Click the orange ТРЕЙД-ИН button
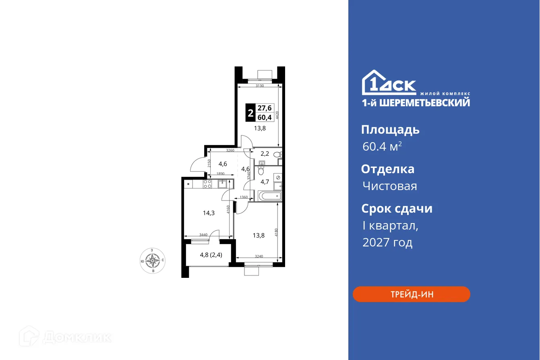click(411, 294)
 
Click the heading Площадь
click(390, 130)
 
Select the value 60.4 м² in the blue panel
click(382, 147)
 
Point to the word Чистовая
click(389, 186)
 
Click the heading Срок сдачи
click(397, 209)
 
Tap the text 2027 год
click(387, 242)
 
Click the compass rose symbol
click(153, 261)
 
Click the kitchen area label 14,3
click(208, 213)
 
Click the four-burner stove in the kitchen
click(207, 184)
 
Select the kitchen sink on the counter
click(223, 184)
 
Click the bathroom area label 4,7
click(265, 182)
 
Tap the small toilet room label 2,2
click(265, 153)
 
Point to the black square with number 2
click(250, 113)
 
